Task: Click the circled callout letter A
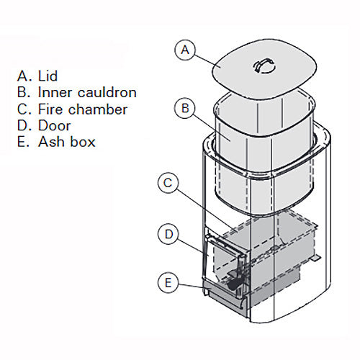186,50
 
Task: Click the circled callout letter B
186,109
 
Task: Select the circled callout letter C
167,184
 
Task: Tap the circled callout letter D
167,234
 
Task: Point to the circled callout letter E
167,283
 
